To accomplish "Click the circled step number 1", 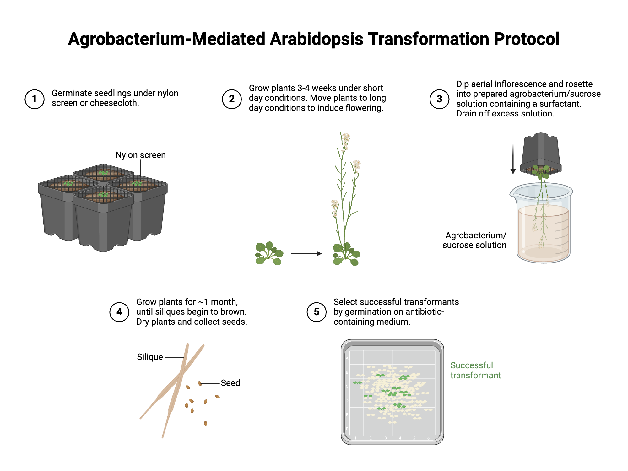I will click(35, 99).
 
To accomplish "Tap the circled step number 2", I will click(232, 99).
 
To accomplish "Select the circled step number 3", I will click(439, 99).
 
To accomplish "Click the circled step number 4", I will click(119, 312).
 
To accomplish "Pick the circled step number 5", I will click(317, 312).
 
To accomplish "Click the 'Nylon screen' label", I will click(140, 155).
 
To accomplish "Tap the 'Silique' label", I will click(150, 357).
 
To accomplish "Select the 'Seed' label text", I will click(230, 383).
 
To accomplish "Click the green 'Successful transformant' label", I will click(475, 371).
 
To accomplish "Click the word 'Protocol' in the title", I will click(526, 39).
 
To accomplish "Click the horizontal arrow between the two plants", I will click(306, 253).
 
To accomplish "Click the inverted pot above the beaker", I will click(541, 151).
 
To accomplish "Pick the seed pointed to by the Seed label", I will click(200, 383).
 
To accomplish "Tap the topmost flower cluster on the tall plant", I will click(346, 138).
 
